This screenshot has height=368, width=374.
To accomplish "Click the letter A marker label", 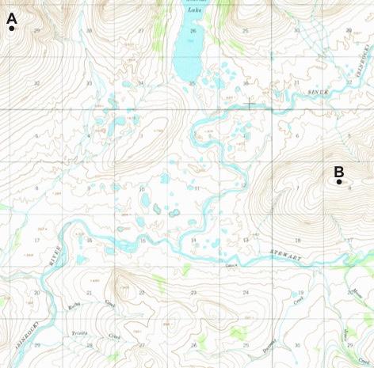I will (11, 16).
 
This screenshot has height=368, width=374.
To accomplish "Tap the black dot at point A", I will (12, 28).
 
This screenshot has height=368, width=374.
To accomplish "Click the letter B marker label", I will (338, 170).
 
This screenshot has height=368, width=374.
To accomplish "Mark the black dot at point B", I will (339, 182).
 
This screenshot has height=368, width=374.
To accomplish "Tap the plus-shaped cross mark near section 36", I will (250, 104).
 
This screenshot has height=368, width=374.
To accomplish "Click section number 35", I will (191, 83).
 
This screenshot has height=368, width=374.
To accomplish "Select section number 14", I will (193, 239).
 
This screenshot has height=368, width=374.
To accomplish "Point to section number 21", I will (89, 292).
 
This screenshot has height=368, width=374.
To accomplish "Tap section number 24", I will (245, 292).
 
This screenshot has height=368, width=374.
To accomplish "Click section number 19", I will (301, 292).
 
